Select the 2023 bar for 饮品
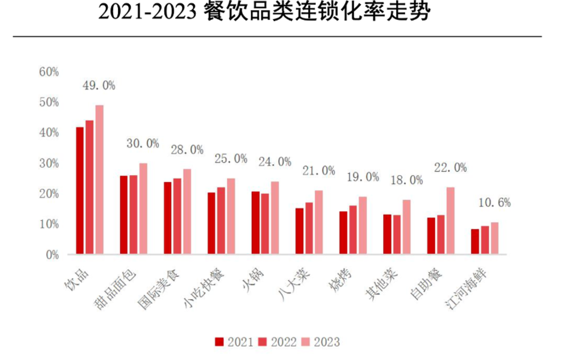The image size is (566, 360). tap(99, 180)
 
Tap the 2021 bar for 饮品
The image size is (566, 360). tap(80, 191)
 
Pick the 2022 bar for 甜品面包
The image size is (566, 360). tap(133, 215)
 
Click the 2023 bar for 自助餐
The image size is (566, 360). tap(450, 220)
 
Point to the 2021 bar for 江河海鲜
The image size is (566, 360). tap(475, 241)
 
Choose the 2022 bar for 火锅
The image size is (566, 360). tap(265, 224)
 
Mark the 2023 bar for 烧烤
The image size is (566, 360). tap(362, 225)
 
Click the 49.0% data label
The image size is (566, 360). tap(99, 85)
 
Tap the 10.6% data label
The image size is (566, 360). tap(494, 202)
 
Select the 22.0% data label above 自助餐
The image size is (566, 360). tap(450, 167)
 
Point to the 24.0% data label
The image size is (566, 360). tap(275, 162)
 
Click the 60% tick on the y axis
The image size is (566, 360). tap(49, 72)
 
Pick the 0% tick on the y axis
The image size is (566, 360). tap(52, 255)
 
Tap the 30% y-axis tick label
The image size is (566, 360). tap(49, 163)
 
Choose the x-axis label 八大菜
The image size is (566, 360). tap(294, 284)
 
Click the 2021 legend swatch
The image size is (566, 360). tap(219, 342)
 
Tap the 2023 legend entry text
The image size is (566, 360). tap(327, 342)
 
